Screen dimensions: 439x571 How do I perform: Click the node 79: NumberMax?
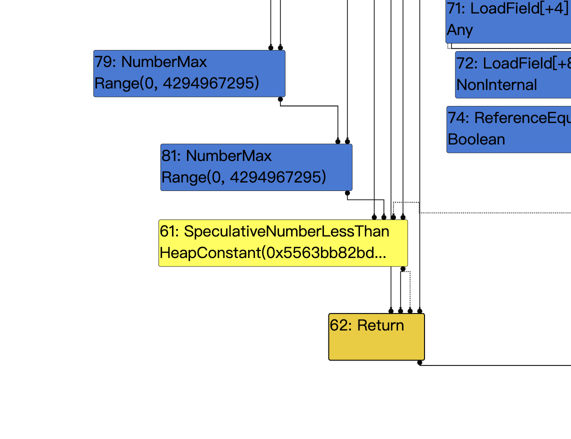click(189, 73)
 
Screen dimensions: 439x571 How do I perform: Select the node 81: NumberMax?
click(256, 167)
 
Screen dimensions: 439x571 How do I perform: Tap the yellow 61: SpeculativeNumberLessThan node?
click(283, 243)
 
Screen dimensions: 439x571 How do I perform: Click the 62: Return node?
click(376, 336)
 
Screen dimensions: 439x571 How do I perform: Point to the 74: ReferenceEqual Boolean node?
click(508, 129)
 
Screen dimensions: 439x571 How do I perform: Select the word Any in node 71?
click(459, 30)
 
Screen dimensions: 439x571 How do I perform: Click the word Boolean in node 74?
click(476, 139)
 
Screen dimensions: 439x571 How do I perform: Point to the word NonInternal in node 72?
click(496, 85)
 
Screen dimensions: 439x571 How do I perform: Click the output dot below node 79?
click(280, 99)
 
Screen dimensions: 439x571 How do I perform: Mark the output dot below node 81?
click(347, 193)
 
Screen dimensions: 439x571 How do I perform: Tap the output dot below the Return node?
click(419, 362)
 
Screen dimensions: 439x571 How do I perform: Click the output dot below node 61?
click(403, 269)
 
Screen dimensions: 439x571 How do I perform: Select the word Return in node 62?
click(380, 325)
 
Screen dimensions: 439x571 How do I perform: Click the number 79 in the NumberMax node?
click(102, 62)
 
